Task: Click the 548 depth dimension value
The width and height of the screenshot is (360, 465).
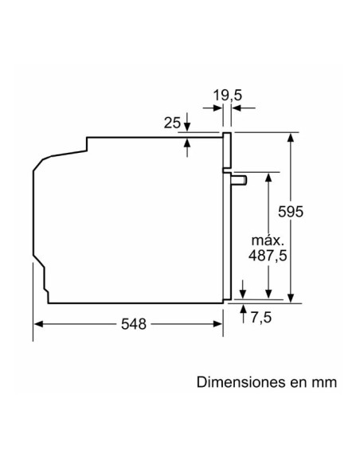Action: (x=135, y=325)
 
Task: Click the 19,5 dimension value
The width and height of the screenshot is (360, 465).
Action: (x=227, y=96)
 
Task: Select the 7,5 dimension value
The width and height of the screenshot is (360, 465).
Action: (x=260, y=318)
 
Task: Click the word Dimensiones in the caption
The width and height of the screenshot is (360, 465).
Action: (x=237, y=382)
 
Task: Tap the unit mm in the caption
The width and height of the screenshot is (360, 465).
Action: (x=324, y=382)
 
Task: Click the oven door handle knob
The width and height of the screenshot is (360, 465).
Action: (x=239, y=180)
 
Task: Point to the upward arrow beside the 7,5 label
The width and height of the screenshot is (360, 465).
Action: (x=243, y=309)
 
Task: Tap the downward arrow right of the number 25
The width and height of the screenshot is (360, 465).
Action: (x=187, y=124)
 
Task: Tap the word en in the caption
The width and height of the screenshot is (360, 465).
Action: (x=296, y=382)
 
